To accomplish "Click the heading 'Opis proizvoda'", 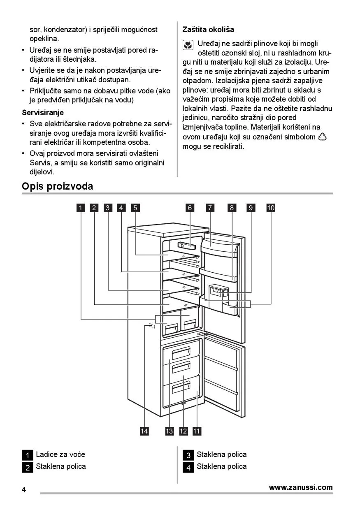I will pyautogui.click(x=58, y=186).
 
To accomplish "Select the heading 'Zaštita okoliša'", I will pyautogui.click(x=208, y=30).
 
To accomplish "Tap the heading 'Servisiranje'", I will pyautogui.click(x=43, y=112).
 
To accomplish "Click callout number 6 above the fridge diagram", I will pyautogui.click(x=190, y=208).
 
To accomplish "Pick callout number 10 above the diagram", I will pyautogui.click(x=271, y=208).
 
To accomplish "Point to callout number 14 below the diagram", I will pyautogui.click(x=144, y=431).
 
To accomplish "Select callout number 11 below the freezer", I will pyautogui.click(x=197, y=431).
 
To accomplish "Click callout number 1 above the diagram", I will pyautogui.click(x=81, y=208).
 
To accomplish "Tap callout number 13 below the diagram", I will pyautogui.click(x=170, y=431).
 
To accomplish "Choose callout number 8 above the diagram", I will pyautogui.click(x=232, y=208).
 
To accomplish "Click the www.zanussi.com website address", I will pyautogui.click(x=301, y=487).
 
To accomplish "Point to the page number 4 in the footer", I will pyautogui.click(x=24, y=490).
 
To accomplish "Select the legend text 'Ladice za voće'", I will pyautogui.click(x=60, y=454).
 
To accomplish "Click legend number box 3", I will pyautogui.click(x=188, y=455).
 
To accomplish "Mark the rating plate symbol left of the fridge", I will pyautogui.click(x=151, y=326).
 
